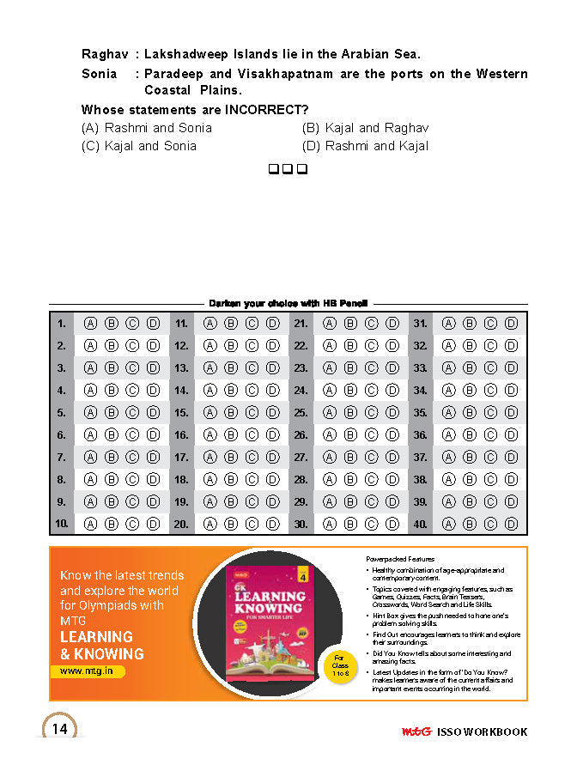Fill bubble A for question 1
coord(89,324)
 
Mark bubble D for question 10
coord(153,523)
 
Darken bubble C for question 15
coord(252,412)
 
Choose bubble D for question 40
coord(511,523)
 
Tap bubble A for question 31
coord(448,324)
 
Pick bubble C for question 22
coord(371,346)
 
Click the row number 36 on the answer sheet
coord(420,434)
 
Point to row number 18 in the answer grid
coord(181,479)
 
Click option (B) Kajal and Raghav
coord(365,128)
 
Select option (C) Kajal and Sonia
coord(139,146)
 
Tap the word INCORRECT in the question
coord(267,110)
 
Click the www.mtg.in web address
coord(87,671)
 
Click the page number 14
coord(60,729)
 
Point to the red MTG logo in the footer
coord(416,732)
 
